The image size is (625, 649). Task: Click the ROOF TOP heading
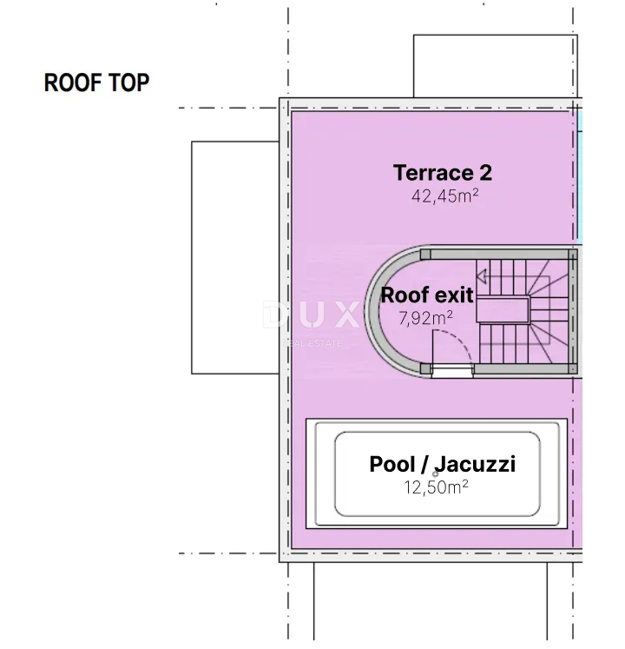click(x=96, y=83)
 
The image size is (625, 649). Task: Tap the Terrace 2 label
click(x=443, y=172)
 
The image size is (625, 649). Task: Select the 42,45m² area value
click(x=444, y=195)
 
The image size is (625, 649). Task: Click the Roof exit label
click(x=427, y=295)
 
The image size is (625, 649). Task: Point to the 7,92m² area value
click(x=425, y=318)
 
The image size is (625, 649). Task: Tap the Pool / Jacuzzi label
click(x=442, y=464)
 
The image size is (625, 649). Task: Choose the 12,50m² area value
click(x=436, y=487)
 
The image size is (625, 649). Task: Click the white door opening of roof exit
click(x=452, y=371)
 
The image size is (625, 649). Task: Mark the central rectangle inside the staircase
click(x=504, y=309)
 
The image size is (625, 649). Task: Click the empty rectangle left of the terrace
click(x=234, y=257)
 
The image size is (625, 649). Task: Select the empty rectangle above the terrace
click(x=492, y=66)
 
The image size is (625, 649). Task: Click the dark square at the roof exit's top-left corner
click(x=425, y=254)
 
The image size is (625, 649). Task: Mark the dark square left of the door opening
click(x=425, y=369)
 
